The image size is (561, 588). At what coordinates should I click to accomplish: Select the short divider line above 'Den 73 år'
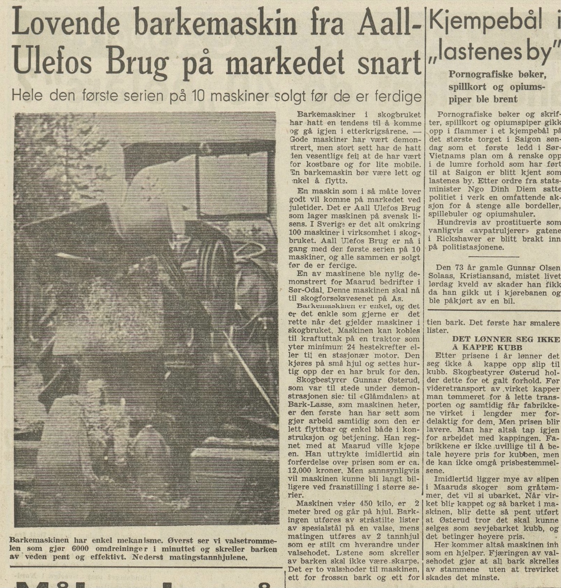click(x=496, y=256)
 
